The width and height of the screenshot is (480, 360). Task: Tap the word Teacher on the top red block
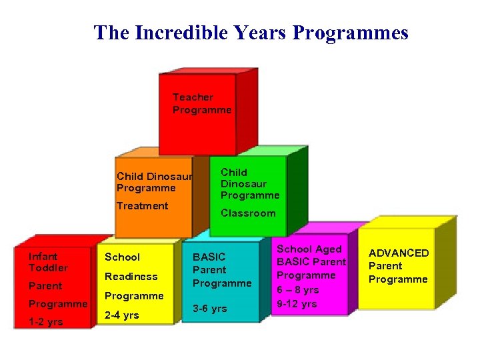193,97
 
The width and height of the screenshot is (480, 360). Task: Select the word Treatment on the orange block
142,206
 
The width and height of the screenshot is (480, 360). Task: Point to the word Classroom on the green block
248,213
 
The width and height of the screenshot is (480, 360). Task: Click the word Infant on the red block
43,257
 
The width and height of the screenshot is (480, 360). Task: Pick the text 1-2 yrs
45,322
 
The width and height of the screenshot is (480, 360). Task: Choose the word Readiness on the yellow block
131,277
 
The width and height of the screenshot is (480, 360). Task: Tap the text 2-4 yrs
121,315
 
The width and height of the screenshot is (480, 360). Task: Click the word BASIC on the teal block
209,257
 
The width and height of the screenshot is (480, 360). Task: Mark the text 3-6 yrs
210,309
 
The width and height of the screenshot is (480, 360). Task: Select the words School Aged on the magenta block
309,249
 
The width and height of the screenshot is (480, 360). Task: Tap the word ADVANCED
399,253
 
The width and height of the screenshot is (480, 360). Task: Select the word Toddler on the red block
48,268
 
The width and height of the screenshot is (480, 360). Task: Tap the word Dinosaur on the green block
244,184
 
